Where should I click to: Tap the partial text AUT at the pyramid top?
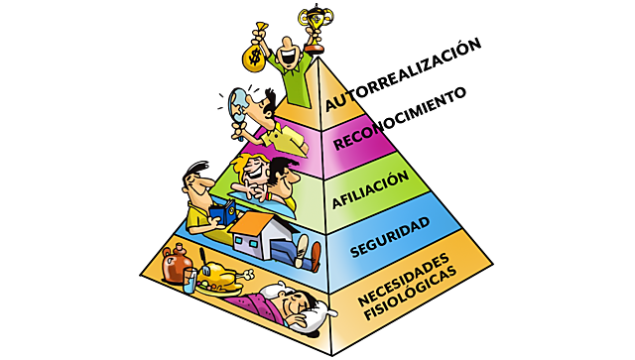click(337, 102)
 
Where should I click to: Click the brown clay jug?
click(176, 267)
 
